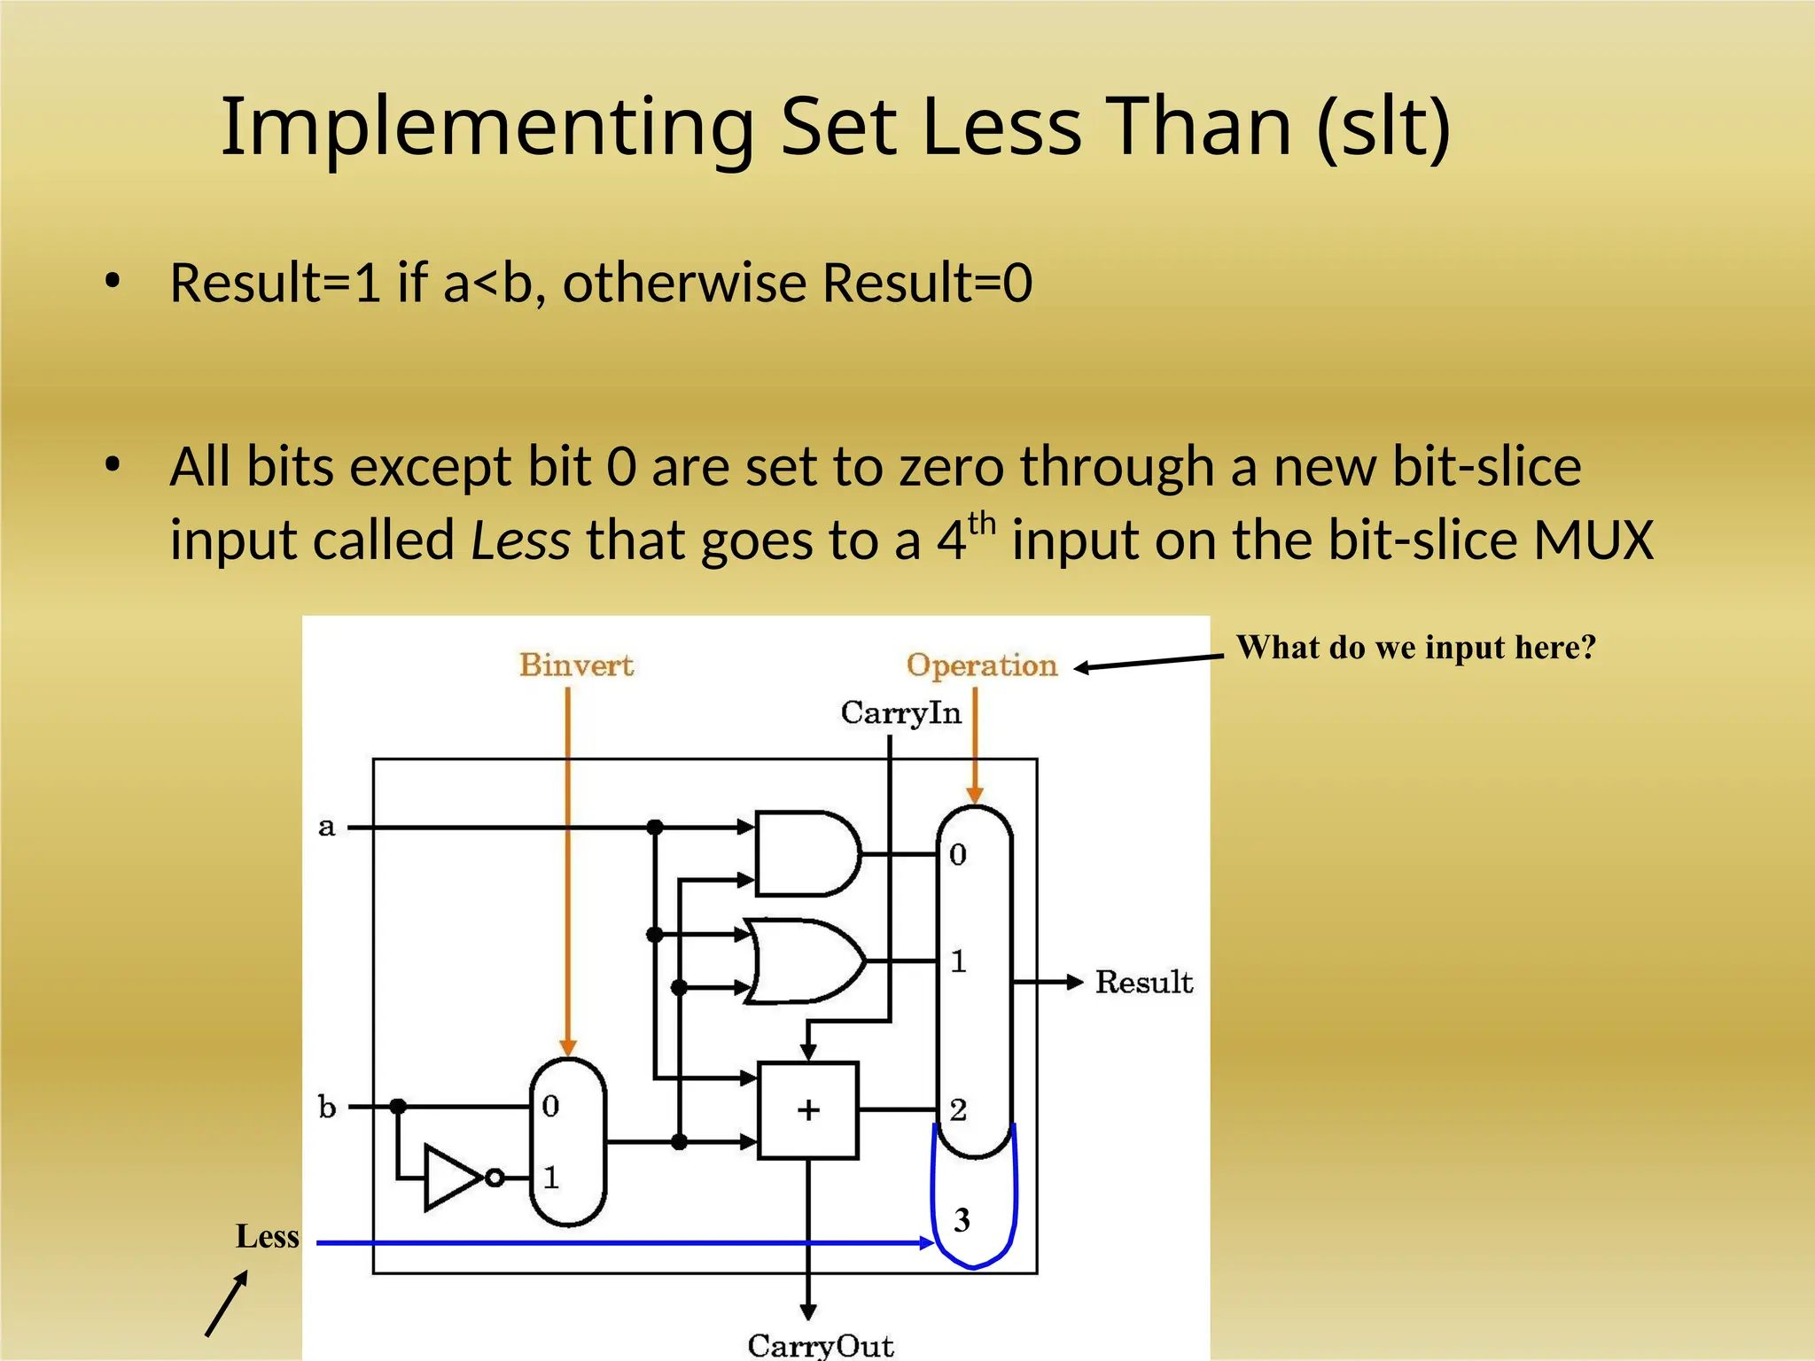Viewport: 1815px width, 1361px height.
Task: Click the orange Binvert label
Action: [x=576, y=665]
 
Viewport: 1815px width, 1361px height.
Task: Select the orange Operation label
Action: [x=982, y=665]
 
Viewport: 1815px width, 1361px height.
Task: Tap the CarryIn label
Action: [x=900, y=712]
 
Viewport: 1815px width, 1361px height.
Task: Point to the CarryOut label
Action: [x=821, y=1345]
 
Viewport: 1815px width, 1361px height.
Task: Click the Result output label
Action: [x=1144, y=982]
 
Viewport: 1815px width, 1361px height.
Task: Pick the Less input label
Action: [x=267, y=1236]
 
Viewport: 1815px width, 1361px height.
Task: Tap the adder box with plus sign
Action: [x=808, y=1110]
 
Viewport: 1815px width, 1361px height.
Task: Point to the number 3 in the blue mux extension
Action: [x=962, y=1220]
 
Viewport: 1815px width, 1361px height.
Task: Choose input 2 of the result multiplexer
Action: [x=958, y=1109]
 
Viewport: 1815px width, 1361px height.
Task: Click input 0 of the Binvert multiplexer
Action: [x=550, y=1106]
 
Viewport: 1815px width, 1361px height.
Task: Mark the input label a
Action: [x=327, y=827]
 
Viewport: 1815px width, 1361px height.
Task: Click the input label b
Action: [x=327, y=1107]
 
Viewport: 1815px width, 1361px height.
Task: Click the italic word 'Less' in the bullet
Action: [x=520, y=541]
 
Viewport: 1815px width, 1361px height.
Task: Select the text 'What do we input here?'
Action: [x=1415, y=648]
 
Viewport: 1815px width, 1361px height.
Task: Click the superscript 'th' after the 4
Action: [x=982, y=524]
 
